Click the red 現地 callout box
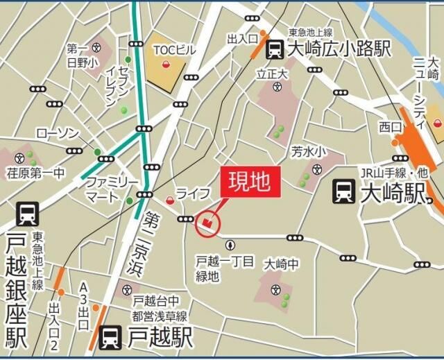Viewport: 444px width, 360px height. [251, 183]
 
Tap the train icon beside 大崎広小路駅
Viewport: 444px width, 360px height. [275, 49]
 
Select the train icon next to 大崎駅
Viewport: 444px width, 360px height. [344, 191]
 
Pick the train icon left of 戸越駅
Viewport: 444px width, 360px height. [110, 338]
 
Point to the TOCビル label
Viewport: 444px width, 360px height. [175, 50]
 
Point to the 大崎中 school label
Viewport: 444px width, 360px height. [280, 264]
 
